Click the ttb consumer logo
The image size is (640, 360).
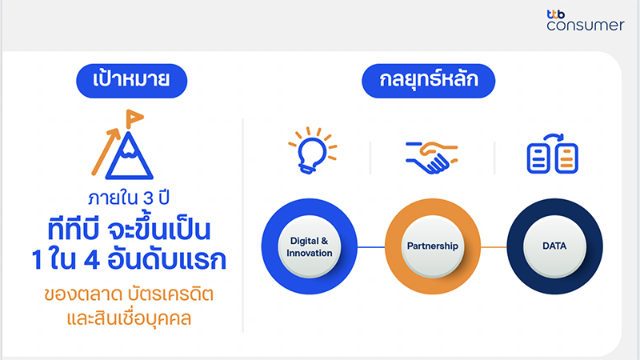[x=586, y=21]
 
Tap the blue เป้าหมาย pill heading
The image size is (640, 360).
[x=131, y=81]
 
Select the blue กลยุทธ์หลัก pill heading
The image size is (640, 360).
[x=429, y=81]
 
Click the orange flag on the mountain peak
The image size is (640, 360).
[x=134, y=118]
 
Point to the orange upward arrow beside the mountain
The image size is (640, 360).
[x=106, y=152]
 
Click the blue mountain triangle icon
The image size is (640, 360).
[x=129, y=157]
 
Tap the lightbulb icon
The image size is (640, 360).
[x=313, y=150]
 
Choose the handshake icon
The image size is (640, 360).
[x=432, y=157]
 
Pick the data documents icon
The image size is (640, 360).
[x=553, y=154]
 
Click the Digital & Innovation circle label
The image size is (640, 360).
[x=310, y=246]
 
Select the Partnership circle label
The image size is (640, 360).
[x=433, y=246]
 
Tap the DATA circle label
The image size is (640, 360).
[x=554, y=246]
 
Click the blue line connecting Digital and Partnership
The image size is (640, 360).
[x=371, y=247]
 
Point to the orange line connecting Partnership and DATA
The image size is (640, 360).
[x=494, y=247]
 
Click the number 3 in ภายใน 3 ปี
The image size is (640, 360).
[x=148, y=198]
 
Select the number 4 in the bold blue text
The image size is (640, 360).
[x=91, y=260]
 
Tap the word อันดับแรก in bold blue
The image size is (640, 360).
[x=167, y=258]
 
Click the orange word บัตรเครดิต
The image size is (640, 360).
[x=170, y=293]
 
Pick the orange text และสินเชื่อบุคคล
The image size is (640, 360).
[x=129, y=318]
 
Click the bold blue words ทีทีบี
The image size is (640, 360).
[x=73, y=229]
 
